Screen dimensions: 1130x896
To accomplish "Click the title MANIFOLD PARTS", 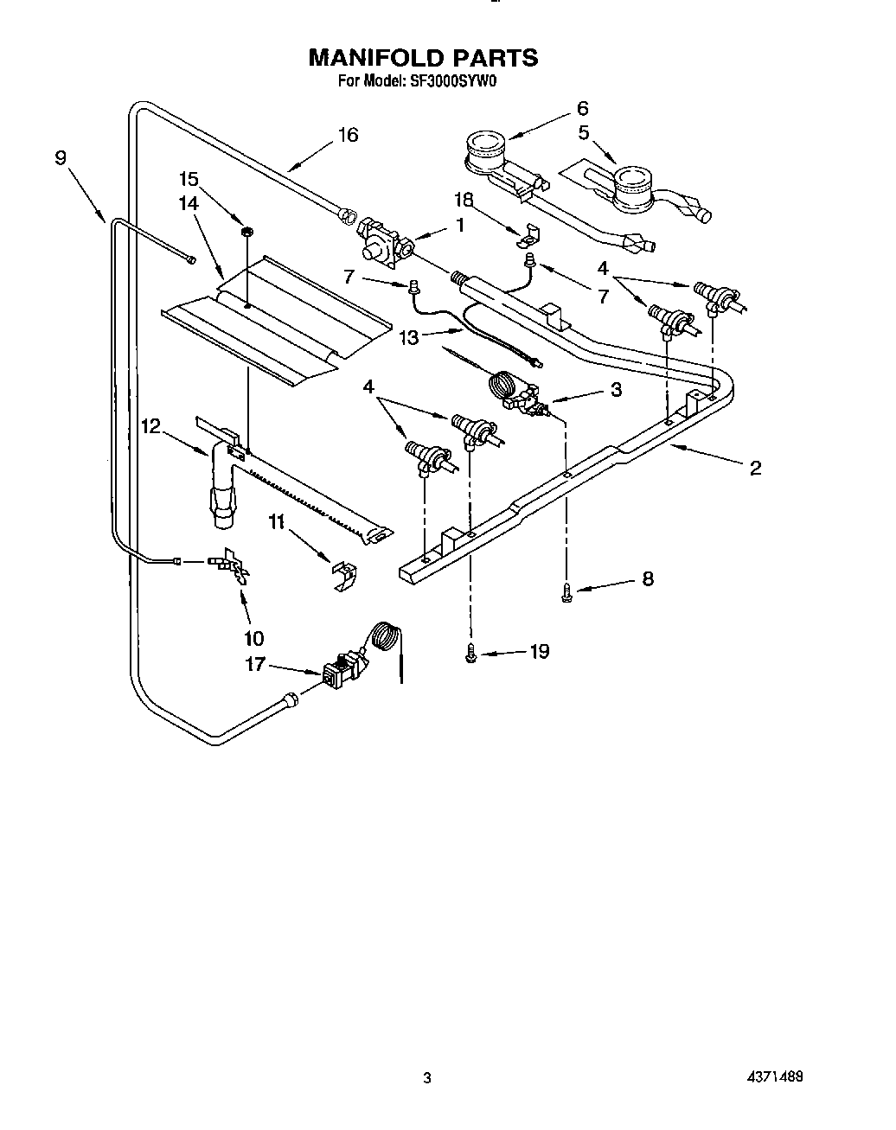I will click(x=423, y=58).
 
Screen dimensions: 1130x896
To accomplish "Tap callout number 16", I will click(x=348, y=135).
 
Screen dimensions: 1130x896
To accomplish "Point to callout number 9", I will click(x=60, y=157).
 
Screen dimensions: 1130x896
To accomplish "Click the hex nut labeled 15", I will click(x=246, y=231).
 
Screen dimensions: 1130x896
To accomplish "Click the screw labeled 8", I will click(x=566, y=592).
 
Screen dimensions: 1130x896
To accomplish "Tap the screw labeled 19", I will click(x=471, y=655).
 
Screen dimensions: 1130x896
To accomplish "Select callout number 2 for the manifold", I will click(x=755, y=468).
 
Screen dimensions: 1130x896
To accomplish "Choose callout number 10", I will click(x=254, y=638).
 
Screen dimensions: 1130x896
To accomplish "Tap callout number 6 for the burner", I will click(x=582, y=108).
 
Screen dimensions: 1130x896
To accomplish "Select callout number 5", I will click(x=584, y=133).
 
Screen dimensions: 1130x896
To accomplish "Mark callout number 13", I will click(x=408, y=337).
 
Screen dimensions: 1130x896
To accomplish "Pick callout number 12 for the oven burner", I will click(x=150, y=425).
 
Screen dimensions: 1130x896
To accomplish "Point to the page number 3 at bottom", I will click(x=426, y=1078).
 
